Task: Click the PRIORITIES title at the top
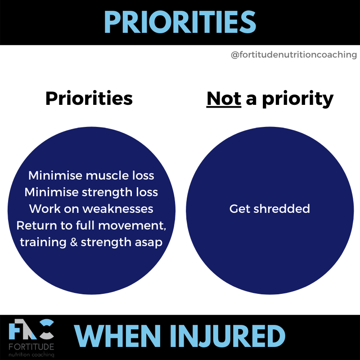[x=180, y=22]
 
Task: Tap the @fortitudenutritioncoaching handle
[x=293, y=55]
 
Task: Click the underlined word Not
[x=224, y=99]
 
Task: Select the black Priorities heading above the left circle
[x=89, y=99]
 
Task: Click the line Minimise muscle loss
[x=91, y=175]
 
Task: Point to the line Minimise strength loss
[x=91, y=192]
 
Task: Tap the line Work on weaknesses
[x=91, y=209]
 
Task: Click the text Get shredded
[x=270, y=209]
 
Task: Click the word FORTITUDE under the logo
[x=31, y=347]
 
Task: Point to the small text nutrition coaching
[x=31, y=355]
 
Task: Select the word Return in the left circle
[x=36, y=225]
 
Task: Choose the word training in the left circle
[x=43, y=243]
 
